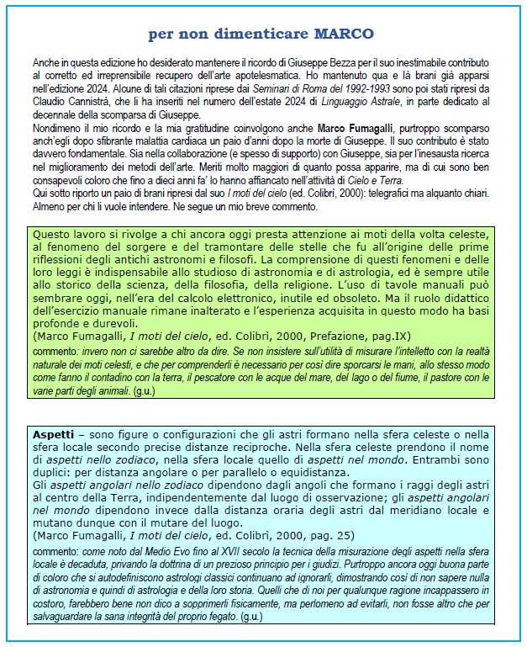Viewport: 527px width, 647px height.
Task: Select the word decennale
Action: (55, 114)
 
